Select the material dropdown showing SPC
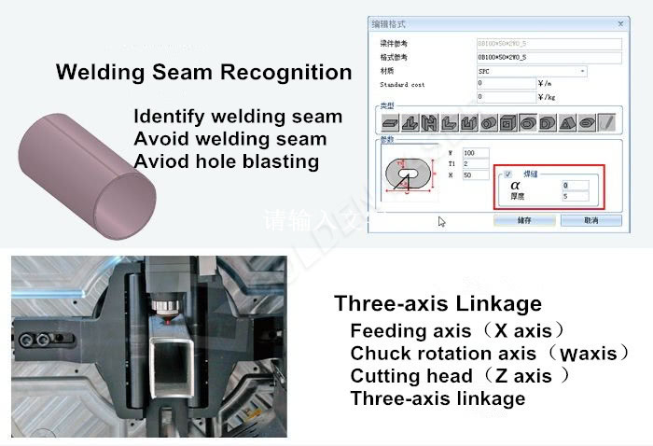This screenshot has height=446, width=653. pyautogui.click(x=531, y=70)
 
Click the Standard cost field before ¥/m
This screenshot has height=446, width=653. pyautogui.click(x=505, y=83)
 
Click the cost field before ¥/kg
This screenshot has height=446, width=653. pyautogui.click(x=505, y=96)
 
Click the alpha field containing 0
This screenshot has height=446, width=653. pyautogui.click(x=576, y=185)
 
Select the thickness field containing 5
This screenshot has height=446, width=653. pyautogui.click(x=576, y=196)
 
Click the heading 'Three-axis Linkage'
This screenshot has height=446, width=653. pyautogui.click(x=438, y=303)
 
